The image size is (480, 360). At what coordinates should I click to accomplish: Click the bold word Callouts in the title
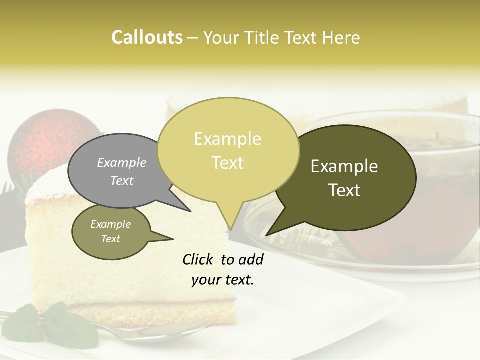(147, 37)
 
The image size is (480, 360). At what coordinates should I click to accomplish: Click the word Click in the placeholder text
(198, 260)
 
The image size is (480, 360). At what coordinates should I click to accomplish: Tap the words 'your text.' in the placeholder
(223, 280)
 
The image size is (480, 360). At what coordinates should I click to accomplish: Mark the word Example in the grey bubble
(121, 162)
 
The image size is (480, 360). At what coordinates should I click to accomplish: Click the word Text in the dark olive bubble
(345, 190)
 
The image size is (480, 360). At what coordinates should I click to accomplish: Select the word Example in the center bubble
(227, 139)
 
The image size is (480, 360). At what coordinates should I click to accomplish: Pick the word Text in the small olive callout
(110, 239)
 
